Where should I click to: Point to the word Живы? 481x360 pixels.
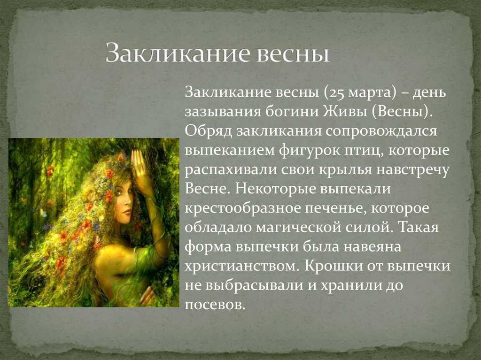click(x=345, y=112)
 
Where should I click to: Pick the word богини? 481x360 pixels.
click(x=292, y=112)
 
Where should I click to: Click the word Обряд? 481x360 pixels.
click(x=208, y=131)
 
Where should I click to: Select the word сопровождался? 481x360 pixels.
click(x=381, y=132)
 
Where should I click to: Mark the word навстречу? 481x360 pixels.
click(x=412, y=170)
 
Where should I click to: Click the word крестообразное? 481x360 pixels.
click(x=242, y=209)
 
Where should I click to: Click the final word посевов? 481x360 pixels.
click(x=215, y=305)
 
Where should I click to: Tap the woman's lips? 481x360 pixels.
click(x=126, y=212)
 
